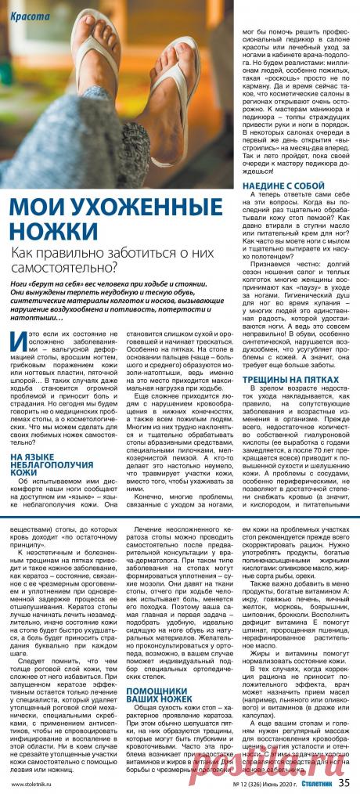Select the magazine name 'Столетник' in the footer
tap(318, 781)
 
